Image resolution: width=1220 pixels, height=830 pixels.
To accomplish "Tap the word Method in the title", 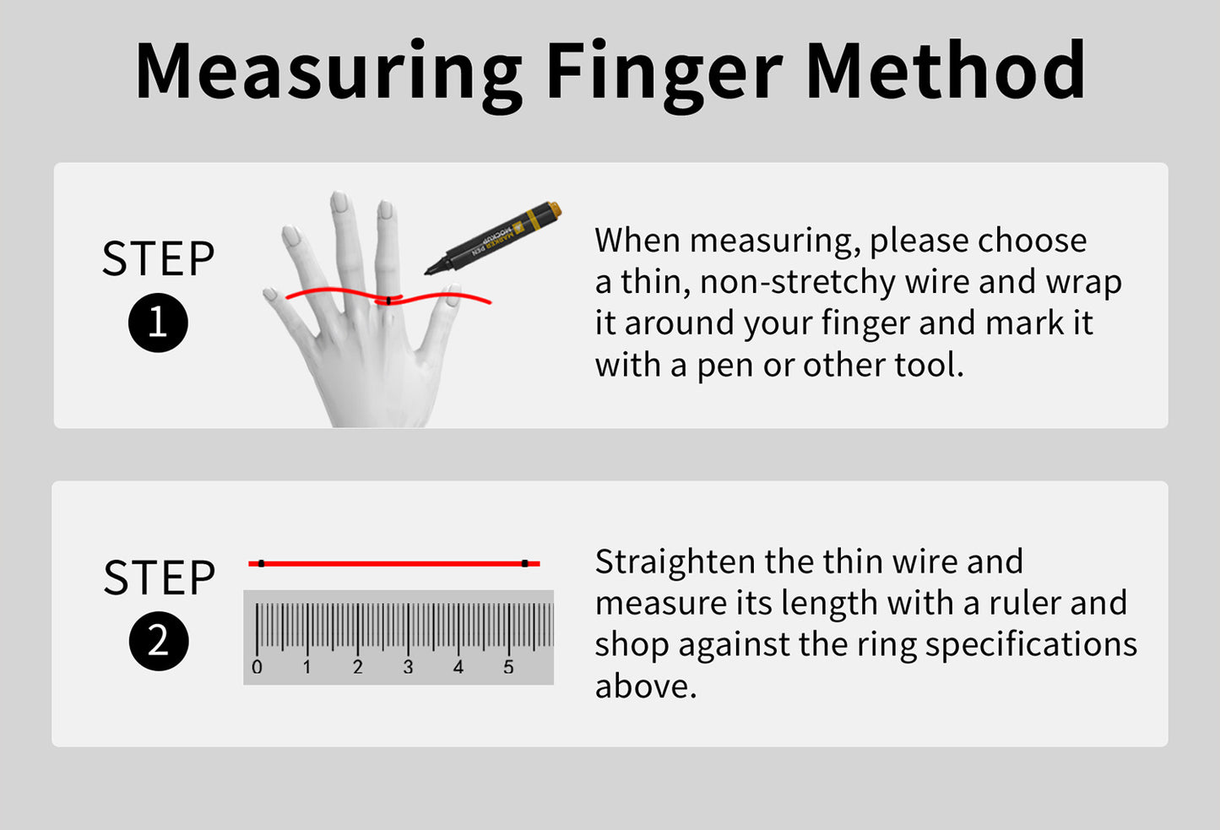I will (x=946, y=71).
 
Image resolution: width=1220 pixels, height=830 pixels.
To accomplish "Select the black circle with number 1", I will (x=158, y=323).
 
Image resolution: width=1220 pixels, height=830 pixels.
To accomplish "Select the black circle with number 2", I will (x=159, y=642).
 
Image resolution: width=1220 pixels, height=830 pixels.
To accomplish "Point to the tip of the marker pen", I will (x=428, y=271).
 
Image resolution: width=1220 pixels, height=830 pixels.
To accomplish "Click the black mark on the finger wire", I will (x=388, y=300).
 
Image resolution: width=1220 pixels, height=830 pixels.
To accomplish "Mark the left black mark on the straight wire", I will (x=262, y=563).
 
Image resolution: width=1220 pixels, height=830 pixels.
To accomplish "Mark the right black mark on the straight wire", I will (x=524, y=563).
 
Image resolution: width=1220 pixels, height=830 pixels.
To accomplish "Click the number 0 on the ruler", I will (x=257, y=667).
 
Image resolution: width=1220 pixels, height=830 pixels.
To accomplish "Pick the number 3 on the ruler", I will (x=408, y=667).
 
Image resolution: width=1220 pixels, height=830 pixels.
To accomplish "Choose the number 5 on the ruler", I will (x=508, y=667).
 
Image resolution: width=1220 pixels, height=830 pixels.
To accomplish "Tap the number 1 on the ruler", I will (x=307, y=667).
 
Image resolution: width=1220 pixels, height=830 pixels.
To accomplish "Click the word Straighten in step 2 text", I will (x=675, y=562).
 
